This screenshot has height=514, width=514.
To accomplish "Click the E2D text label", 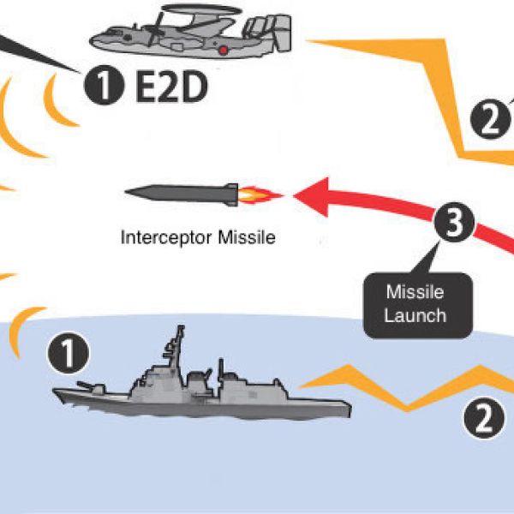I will click(x=171, y=87).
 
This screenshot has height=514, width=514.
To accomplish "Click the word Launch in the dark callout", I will click(x=415, y=314).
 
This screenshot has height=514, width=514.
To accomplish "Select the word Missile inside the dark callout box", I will click(x=415, y=293).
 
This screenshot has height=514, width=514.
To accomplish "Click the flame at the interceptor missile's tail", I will click(x=258, y=197).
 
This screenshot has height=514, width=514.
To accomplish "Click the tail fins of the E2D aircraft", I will click(x=266, y=34).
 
